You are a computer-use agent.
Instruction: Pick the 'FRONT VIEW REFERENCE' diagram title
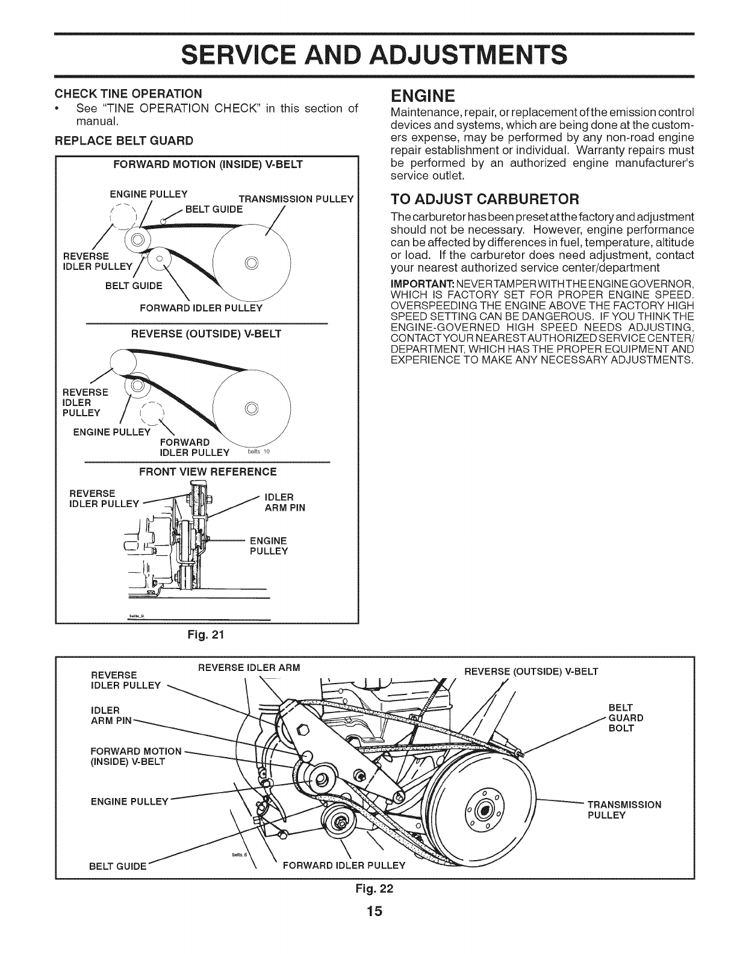point(208,471)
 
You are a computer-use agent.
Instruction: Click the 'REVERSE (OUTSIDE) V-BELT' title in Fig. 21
point(207,333)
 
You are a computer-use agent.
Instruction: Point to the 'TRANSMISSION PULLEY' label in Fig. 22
point(624,809)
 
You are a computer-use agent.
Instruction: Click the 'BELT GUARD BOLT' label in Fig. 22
point(626,718)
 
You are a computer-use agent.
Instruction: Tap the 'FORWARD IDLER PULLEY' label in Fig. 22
point(344,866)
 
